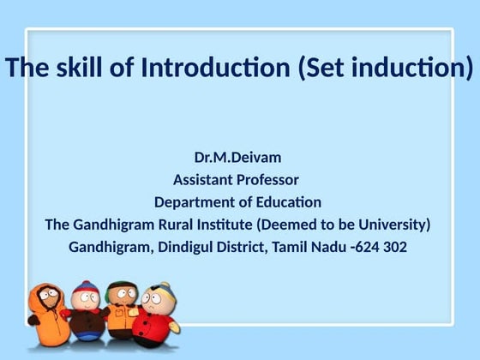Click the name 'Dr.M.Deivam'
pyautogui.click(x=238, y=158)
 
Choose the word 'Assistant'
pyautogui.click(x=202, y=180)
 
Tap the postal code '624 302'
pyautogui.click(x=381, y=247)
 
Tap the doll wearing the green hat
pyautogui.click(x=121, y=311)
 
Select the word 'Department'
pyautogui.click(x=199, y=202)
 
